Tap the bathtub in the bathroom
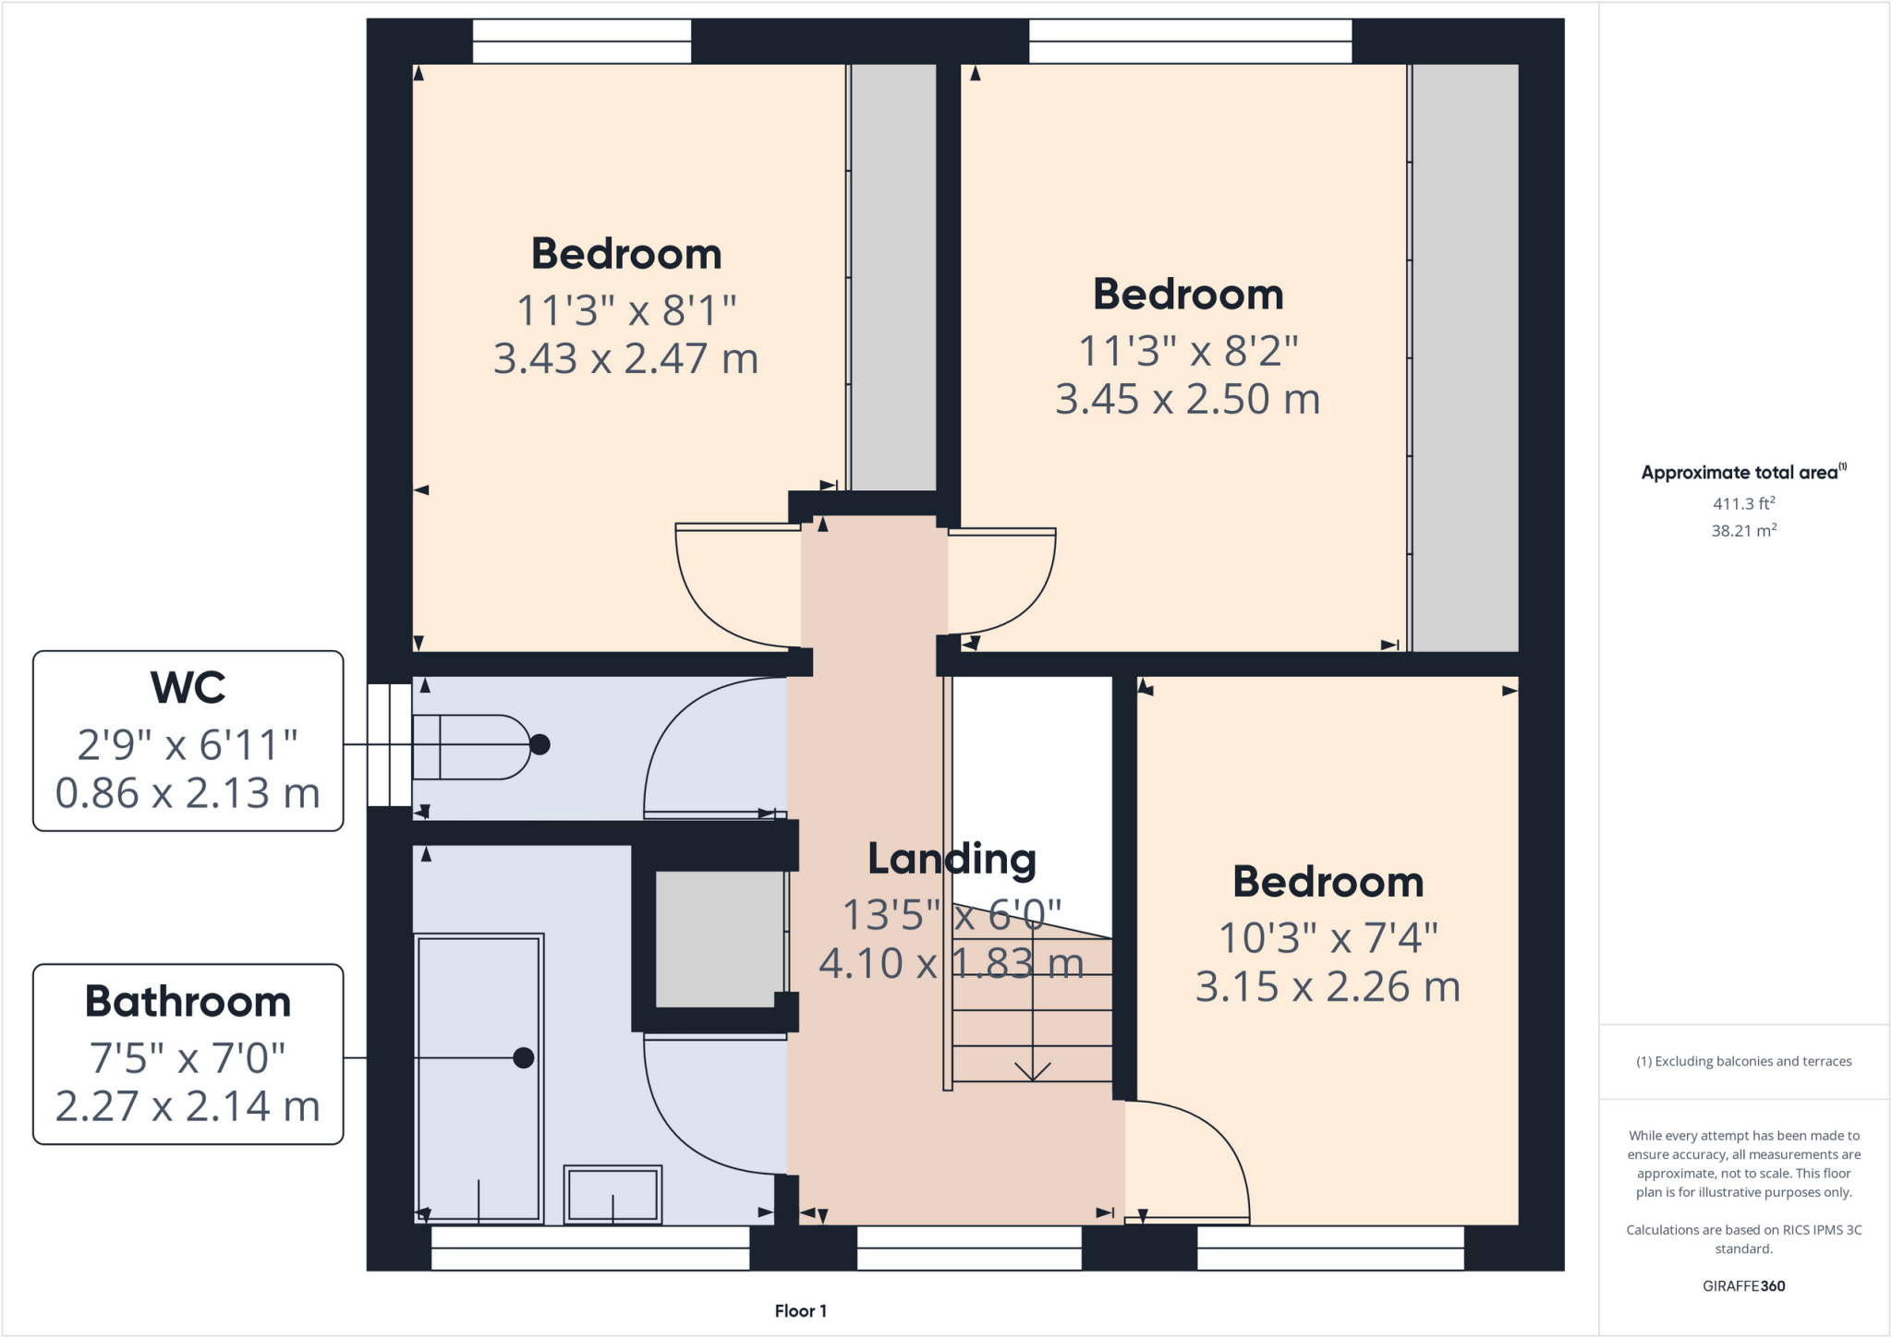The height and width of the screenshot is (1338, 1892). point(479,1078)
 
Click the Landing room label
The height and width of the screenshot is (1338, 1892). point(952,859)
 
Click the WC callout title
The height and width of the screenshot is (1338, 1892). point(188,688)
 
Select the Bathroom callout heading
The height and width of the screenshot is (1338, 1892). point(188,1002)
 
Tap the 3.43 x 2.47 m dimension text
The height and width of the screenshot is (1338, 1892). point(625,358)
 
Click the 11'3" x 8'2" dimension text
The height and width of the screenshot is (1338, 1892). point(1188,351)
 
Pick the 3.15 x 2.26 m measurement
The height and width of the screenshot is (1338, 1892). point(1328,987)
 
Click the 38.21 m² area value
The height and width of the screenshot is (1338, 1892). point(1743,531)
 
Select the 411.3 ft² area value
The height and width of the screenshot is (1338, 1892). point(1743,504)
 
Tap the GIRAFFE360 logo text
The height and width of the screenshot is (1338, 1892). point(1743,1285)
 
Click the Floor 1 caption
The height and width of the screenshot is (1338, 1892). point(800,1311)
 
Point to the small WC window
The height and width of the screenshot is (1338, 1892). point(389,745)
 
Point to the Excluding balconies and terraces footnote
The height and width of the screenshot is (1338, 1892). point(1743,1061)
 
